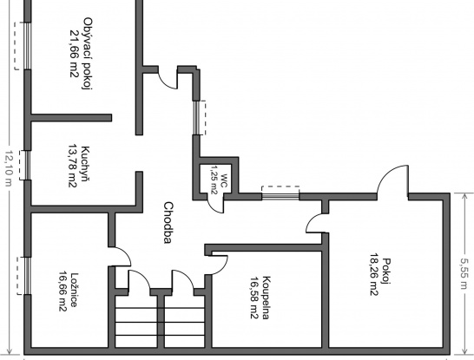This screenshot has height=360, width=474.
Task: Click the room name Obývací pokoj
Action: coord(88,54)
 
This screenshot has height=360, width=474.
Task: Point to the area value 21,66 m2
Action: coord(75,54)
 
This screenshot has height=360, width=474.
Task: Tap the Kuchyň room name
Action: coord(86,164)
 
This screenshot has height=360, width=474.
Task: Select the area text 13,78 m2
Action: coord(73,166)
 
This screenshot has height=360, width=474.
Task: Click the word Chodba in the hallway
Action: coord(168,223)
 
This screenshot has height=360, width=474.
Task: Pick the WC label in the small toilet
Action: coord(223,180)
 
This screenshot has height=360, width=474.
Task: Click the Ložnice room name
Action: coord(75,290)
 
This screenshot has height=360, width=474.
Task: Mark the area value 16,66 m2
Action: coord(63,291)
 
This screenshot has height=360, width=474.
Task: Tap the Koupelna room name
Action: coord(266,298)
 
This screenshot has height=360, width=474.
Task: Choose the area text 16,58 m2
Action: coord(254,298)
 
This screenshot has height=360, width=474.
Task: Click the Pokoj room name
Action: coord(386,272)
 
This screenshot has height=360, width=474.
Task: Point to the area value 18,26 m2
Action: coord(374,274)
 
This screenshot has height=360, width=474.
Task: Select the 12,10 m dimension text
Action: coord(8,168)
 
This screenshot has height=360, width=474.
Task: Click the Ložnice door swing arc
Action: coord(124,252)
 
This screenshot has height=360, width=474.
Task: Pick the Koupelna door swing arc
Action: coord(223,268)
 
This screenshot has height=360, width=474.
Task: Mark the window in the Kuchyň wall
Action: coord(28,165)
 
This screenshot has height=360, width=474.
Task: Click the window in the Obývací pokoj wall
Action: coord(28,46)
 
